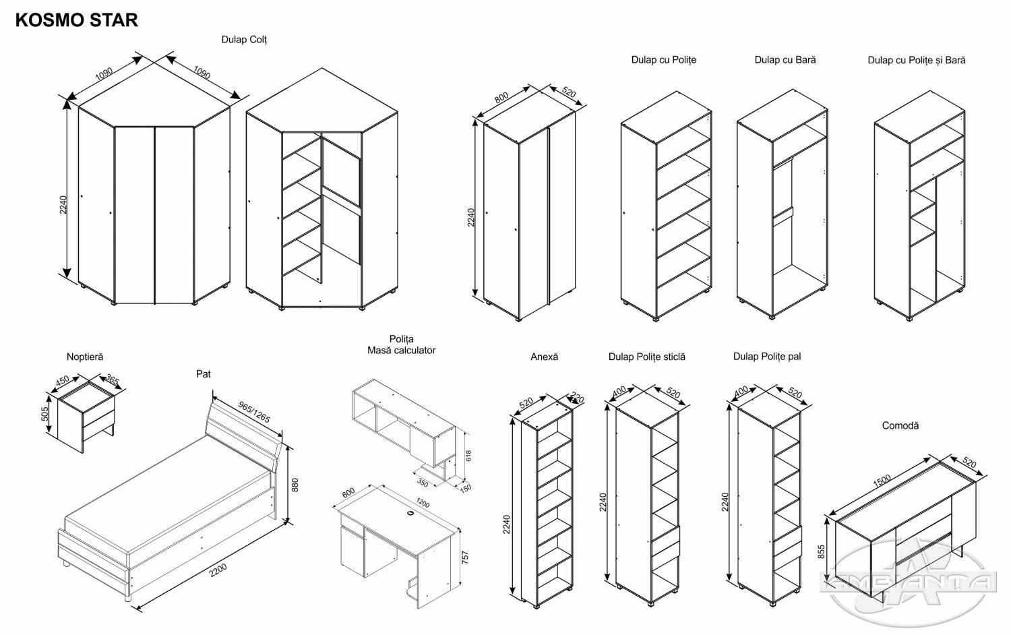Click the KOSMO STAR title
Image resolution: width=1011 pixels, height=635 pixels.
[76, 20]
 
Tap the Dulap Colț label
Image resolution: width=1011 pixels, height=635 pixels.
[245, 40]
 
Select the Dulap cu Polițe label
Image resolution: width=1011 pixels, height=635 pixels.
[663, 60]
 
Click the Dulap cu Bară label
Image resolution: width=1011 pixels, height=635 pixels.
[785, 60]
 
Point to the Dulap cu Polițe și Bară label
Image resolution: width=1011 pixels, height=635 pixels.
[916, 61]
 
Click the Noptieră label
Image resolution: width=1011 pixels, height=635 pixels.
[85, 357]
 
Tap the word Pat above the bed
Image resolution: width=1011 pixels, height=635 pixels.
[204, 374]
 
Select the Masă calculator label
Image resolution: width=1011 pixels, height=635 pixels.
[401, 351]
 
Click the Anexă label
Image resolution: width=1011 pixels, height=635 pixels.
[544, 357]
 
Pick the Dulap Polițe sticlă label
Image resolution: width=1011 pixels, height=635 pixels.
[646, 357]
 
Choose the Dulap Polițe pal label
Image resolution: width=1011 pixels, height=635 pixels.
[767, 357]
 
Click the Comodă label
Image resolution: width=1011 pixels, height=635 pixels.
[900, 426]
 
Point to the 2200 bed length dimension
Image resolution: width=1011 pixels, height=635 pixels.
[218, 570]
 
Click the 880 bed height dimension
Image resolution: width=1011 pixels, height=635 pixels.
[295, 485]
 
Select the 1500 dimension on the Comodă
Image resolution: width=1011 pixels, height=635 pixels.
[882, 483]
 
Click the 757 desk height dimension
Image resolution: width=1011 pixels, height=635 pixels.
[464, 557]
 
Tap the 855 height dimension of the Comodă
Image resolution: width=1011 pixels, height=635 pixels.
[822, 551]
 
